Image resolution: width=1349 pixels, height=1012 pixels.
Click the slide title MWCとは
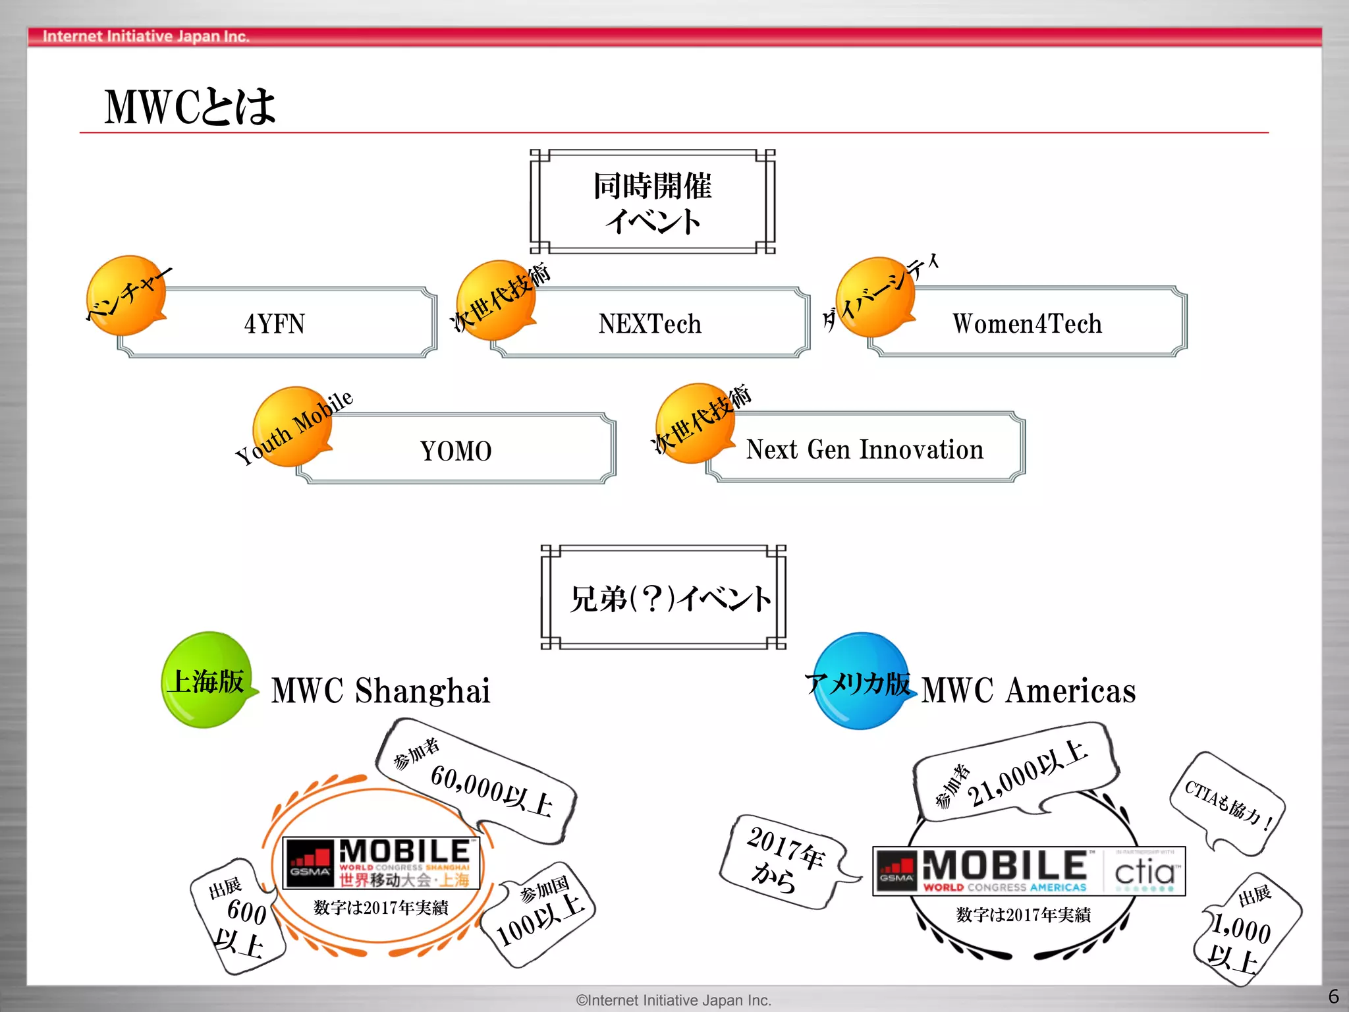click(190, 107)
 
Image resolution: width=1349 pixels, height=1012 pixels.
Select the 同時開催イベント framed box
click(652, 202)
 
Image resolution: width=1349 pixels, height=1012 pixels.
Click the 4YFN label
click(275, 323)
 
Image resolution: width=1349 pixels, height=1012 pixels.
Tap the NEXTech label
click(650, 323)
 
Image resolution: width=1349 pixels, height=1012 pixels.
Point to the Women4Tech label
click(1027, 323)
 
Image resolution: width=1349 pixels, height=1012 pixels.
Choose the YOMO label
click(456, 451)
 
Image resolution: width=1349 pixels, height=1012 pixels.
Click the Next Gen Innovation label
click(864, 449)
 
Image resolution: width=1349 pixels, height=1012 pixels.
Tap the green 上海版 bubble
click(207, 681)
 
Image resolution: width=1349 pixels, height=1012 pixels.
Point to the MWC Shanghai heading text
click(381, 690)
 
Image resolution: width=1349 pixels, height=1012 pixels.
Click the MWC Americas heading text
click(1028, 690)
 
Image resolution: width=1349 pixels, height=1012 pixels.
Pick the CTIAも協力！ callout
click(1227, 802)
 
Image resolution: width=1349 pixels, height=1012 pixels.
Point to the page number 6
click(1333, 996)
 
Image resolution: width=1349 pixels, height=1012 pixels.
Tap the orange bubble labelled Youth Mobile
click(292, 426)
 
